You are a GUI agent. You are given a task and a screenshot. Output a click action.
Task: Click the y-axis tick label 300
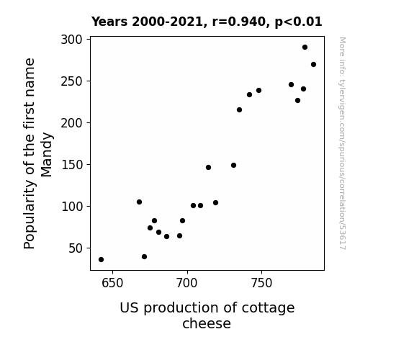point(71,40)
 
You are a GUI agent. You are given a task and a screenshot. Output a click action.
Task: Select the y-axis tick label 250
point(71,81)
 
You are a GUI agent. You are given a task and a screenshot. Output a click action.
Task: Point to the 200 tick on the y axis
point(71,123)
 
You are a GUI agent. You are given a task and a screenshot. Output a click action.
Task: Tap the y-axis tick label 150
point(71,165)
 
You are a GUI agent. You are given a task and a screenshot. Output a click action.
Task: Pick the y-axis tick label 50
point(76,248)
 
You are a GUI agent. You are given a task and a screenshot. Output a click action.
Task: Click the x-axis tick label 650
point(112,283)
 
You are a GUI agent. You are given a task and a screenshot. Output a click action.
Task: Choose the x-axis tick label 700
point(187,283)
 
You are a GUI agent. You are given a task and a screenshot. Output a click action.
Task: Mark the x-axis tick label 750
point(261,283)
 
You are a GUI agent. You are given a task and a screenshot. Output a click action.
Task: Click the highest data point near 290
point(305,48)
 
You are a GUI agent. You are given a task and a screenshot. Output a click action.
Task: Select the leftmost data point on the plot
point(101,260)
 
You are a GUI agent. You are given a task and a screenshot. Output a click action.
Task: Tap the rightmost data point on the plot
point(313,65)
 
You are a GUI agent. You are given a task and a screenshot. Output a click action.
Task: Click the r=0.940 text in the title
point(239,22)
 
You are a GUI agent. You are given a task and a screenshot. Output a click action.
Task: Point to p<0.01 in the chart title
point(298,22)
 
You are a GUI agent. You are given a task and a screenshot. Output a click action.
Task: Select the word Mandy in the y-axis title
point(47,155)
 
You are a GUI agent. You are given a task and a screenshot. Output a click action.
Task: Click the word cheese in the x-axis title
point(207,323)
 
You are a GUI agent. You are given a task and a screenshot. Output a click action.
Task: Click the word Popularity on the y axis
point(30,215)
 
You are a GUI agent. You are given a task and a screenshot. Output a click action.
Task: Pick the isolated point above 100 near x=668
point(139,202)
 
